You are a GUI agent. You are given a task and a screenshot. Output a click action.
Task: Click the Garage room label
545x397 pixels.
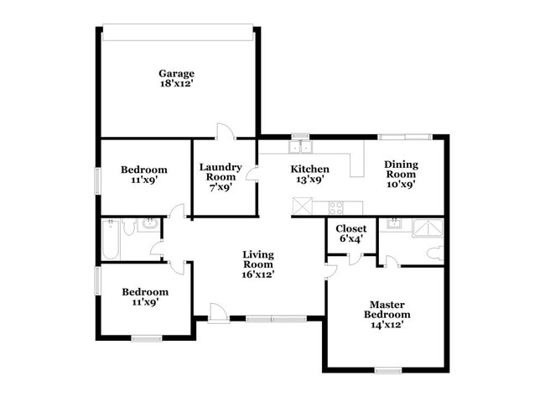click(177, 74)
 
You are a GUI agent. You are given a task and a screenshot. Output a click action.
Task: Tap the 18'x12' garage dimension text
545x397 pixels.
click(176, 84)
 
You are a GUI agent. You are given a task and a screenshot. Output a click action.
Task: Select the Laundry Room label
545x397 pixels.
click(221, 172)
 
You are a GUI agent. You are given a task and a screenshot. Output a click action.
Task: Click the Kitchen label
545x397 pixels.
click(309, 169)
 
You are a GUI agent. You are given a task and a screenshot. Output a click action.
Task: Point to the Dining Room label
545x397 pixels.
click(401, 169)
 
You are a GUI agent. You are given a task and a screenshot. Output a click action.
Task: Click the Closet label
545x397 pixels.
click(351, 228)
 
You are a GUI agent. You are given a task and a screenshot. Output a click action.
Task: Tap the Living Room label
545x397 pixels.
click(258, 259)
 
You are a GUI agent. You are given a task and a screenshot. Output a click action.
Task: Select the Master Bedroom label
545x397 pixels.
click(387, 310)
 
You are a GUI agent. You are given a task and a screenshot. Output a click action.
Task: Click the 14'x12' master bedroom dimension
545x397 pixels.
click(387, 325)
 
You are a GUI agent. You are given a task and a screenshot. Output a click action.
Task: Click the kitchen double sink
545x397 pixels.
click(300, 147)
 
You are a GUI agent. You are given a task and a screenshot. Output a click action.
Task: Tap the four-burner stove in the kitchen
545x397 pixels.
click(335, 207)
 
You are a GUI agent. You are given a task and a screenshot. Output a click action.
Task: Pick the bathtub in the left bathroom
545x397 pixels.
click(111, 239)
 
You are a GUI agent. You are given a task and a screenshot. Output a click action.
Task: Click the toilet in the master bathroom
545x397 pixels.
click(435, 253)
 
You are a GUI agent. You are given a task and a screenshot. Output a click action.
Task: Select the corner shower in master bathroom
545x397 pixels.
click(427, 228)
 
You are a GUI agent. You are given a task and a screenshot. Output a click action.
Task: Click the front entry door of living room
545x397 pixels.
click(219, 313)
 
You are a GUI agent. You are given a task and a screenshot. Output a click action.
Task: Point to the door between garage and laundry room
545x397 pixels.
click(226, 132)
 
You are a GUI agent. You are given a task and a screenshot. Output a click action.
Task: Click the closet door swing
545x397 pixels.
click(355, 259)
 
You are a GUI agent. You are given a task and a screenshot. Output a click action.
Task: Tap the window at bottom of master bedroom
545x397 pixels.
click(388, 371)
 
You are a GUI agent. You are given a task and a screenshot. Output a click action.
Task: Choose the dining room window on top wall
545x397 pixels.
click(405, 137)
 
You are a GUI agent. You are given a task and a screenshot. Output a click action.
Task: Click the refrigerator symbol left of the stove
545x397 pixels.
click(303, 206)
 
